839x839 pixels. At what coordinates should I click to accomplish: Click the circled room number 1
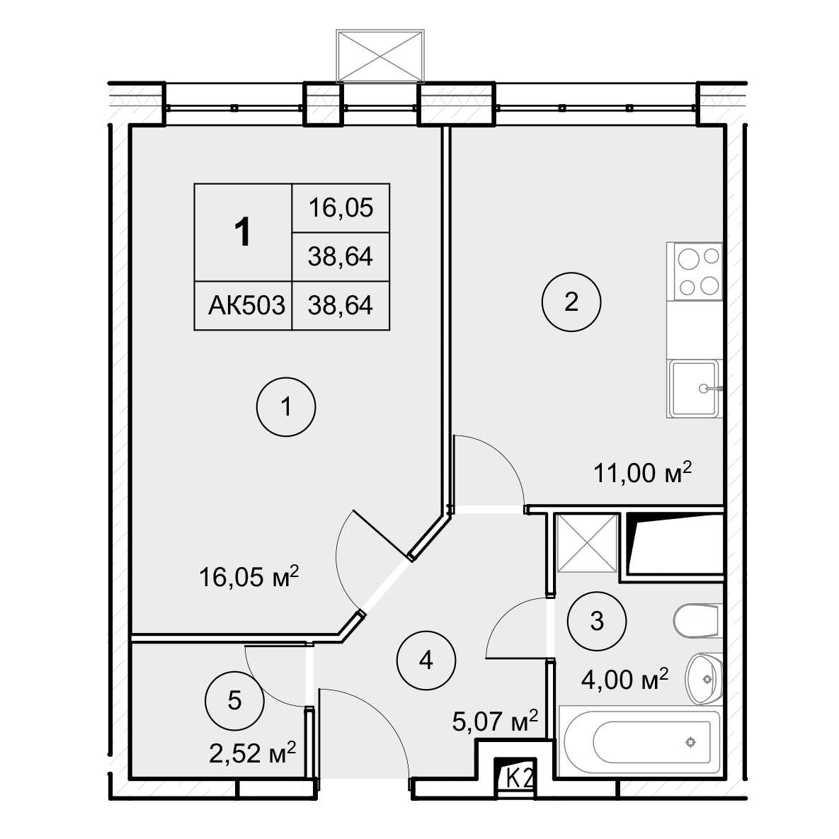(x=286, y=407)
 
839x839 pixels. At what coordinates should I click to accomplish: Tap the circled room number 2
(x=571, y=302)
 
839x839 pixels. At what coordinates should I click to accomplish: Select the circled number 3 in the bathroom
(x=597, y=621)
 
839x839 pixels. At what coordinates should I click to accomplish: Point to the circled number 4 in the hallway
(x=426, y=661)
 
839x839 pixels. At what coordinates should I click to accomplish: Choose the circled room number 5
(x=235, y=700)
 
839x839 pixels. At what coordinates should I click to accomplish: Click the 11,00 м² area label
(x=643, y=472)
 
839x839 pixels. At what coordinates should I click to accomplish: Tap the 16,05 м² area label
(x=249, y=577)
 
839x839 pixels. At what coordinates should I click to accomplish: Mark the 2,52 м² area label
(x=253, y=754)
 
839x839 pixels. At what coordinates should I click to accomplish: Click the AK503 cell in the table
(x=246, y=306)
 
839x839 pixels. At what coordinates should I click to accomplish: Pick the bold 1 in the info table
(x=244, y=232)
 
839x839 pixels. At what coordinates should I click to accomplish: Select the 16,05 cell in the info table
(x=341, y=207)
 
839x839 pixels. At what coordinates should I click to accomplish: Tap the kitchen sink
(x=695, y=389)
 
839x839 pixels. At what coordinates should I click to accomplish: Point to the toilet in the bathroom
(x=698, y=621)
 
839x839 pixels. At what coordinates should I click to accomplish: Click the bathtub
(x=640, y=741)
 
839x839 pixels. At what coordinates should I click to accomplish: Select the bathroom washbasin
(x=704, y=679)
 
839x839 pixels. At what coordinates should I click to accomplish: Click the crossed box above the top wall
(x=380, y=56)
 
